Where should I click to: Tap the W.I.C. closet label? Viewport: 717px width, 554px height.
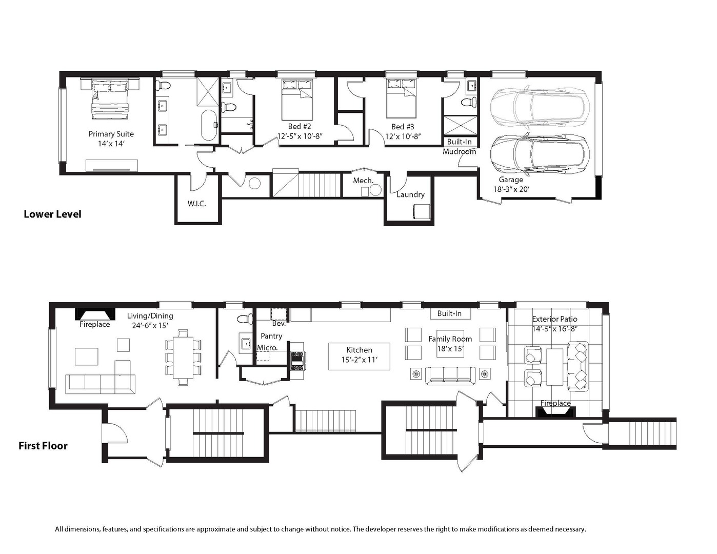coord(196,204)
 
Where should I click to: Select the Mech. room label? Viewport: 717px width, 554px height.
coord(363,181)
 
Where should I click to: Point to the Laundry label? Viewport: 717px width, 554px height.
coord(410,194)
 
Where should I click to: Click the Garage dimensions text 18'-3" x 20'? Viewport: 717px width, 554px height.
coord(511,189)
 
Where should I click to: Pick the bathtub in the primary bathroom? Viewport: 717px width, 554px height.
coord(209,125)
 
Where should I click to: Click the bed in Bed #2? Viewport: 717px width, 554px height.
coord(297,100)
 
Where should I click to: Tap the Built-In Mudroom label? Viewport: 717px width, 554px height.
coord(460,147)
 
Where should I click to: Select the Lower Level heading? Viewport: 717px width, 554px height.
coord(52,214)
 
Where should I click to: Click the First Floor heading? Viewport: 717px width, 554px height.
coord(43,446)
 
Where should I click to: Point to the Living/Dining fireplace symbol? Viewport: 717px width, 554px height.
coord(95,314)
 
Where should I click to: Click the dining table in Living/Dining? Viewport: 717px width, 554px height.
coord(184,358)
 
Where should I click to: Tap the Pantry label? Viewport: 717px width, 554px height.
coord(271,336)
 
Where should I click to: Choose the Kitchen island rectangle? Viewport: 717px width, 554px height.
coord(359,357)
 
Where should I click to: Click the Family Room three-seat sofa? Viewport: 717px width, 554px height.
coord(450,375)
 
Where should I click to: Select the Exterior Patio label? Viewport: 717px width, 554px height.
coord(554,319)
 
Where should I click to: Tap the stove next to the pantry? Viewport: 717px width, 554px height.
coord(297,361)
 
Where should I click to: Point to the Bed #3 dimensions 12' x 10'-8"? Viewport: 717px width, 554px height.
coord(403,136)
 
